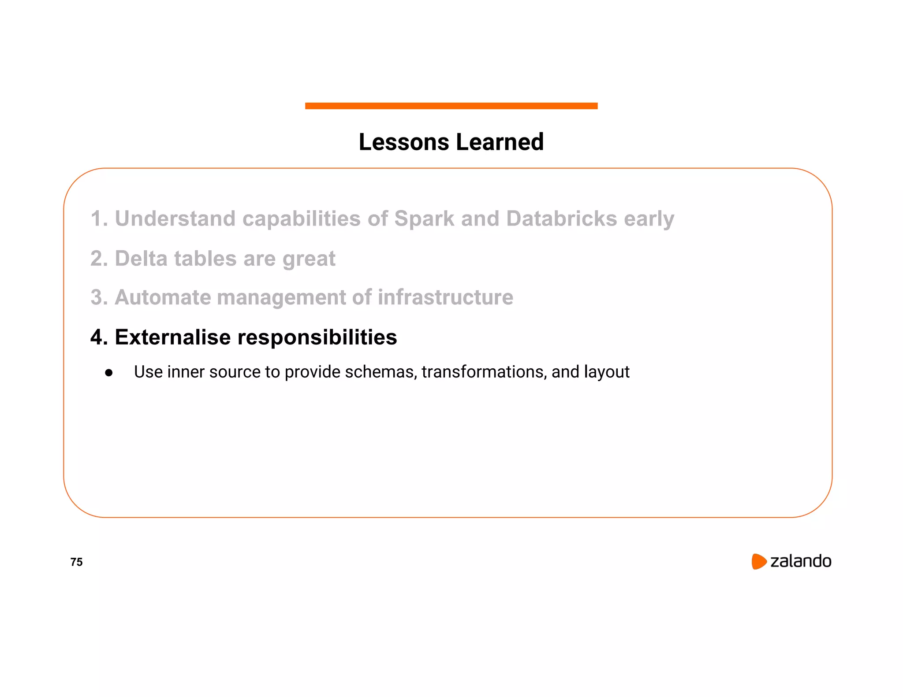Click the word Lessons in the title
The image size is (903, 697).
tap(404, 142)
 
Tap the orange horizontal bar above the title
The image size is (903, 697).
tap(451, 106)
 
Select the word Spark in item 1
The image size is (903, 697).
tap(424, 219)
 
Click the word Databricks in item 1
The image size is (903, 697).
tap(561, 219)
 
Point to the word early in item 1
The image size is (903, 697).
tap(649, 219)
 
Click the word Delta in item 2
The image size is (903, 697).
tap(141, 258)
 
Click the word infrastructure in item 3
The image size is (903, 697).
tap(445, 297)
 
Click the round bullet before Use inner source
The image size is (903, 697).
tap(109, 373)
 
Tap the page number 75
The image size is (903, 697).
tap(76, 562)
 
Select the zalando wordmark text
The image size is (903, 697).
tap(800, 561)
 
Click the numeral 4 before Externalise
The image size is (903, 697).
tap(97, 337)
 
